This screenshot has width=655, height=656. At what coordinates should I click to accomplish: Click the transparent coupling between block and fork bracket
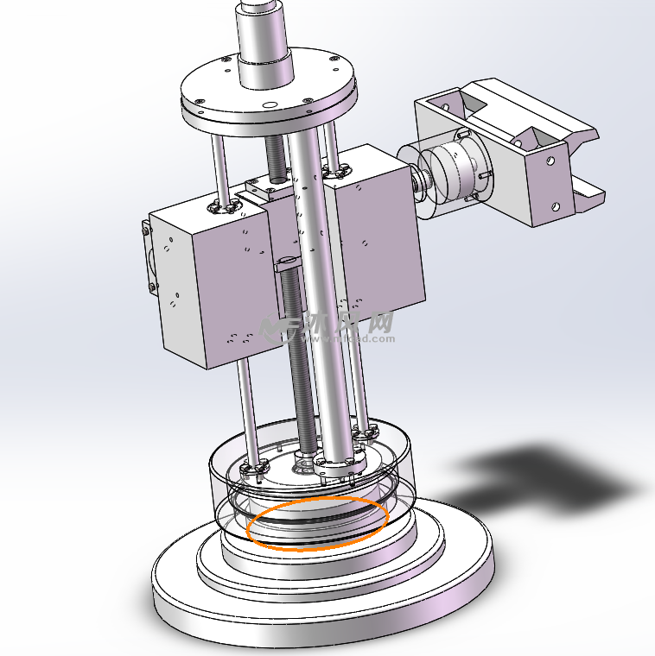[449, 173]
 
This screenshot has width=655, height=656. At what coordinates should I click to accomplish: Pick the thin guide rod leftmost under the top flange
[219, 164]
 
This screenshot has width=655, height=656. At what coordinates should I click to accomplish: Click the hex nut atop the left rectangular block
[222, 207]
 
